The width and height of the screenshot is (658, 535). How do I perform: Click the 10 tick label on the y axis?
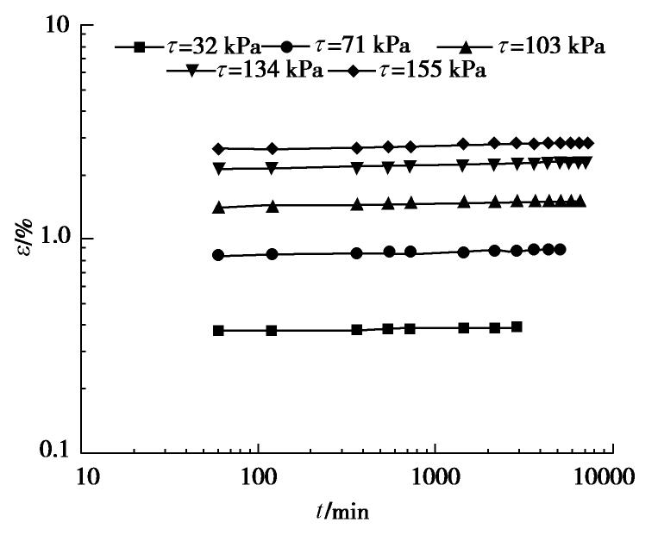55,26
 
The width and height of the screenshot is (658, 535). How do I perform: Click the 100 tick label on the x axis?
258,475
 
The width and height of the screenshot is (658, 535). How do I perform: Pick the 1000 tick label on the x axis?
435,475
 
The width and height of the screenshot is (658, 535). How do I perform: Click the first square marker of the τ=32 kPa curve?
218,330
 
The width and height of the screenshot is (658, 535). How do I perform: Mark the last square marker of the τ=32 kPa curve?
517,327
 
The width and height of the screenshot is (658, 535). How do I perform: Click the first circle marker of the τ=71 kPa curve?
218,255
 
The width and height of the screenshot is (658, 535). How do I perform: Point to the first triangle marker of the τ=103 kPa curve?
218,207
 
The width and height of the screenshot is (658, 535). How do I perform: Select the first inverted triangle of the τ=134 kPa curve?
218,169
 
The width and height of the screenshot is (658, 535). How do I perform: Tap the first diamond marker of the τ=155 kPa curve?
218,149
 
